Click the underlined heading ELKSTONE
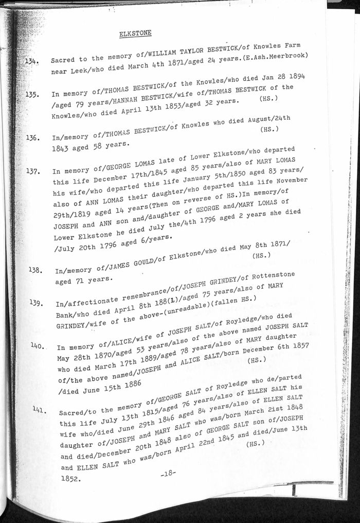pos(135,33)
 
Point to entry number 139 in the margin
pos(35,303)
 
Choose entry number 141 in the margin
pos(40,410)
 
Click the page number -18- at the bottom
pos(167,474)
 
